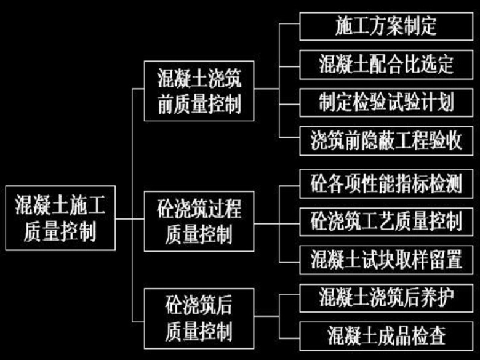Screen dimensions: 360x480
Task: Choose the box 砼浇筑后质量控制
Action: click(199, 319)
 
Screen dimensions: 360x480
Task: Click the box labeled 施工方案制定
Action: click(386, 26)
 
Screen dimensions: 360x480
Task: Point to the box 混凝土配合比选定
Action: click(386, 63)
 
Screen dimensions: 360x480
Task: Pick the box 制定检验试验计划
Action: click(386, 102)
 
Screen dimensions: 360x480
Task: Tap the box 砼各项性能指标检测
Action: click(386, 183)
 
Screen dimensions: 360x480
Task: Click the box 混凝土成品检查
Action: click(386, 336)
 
